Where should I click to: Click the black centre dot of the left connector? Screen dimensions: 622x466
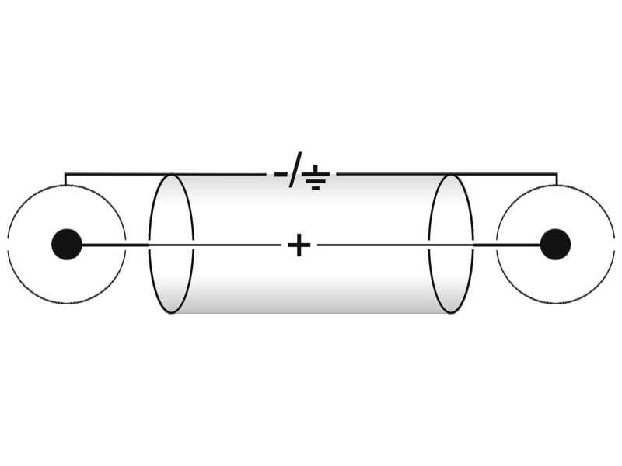(67, 244)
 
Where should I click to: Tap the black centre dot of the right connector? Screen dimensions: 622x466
(555, 244)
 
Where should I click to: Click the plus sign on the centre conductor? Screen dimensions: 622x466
(299, 245)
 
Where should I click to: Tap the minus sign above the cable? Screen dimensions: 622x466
(281, 173)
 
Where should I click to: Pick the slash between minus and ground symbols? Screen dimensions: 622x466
(295, 169)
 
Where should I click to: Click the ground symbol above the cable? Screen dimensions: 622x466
(316, 178)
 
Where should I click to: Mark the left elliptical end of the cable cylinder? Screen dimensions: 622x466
(149, 244)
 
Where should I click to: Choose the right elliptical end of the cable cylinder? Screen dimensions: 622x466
(473, 244)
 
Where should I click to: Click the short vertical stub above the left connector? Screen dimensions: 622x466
(65, 179)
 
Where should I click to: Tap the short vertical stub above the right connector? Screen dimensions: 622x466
(557, 179)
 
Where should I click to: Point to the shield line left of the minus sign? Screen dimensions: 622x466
(166, 174)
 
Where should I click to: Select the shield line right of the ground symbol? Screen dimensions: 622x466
(447, 174)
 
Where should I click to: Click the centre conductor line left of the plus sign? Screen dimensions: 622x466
(181, 245)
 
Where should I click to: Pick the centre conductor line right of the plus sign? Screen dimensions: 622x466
(429, 245)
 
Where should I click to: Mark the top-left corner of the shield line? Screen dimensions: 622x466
(65, 174)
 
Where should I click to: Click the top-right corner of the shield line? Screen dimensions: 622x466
(557, 174)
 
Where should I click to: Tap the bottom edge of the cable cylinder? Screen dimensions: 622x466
(311, 313)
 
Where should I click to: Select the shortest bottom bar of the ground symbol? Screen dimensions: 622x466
(316, 188)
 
